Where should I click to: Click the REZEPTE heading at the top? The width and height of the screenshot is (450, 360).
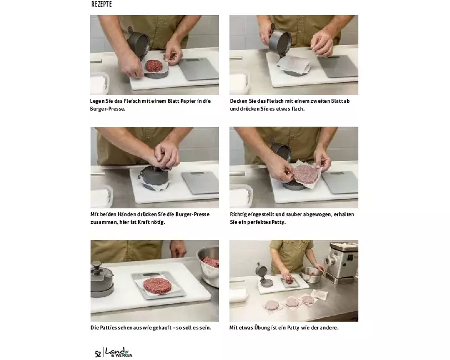click(102, 4)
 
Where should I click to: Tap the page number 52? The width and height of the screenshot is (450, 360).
click(98, 354)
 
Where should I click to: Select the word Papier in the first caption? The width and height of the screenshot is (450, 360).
click(188, 101)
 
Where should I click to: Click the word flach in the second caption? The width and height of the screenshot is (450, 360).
click(298, 109)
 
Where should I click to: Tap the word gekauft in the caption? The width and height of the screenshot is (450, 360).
click(162, 328)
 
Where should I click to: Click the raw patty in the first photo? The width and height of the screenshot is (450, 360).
click(154, 66)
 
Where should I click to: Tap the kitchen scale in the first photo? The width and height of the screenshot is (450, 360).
click(198, 68)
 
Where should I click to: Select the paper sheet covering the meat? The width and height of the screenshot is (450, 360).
click(293, 65)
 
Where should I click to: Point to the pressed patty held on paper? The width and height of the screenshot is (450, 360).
click(306, 174)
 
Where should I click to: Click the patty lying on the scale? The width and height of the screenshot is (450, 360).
click(157, 286)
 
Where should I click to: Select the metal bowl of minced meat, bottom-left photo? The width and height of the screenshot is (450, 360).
click(209, 265)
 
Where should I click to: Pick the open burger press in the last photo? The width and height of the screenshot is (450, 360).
click(263, 275)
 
